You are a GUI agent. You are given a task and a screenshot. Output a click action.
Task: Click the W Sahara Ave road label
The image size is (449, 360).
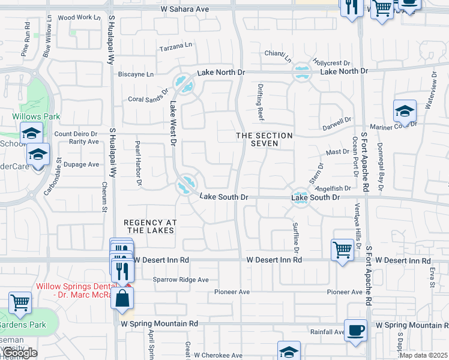pyautogui.click(x=184, y=10)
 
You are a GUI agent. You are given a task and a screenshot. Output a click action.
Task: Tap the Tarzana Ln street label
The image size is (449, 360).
pyautogui.click(x=175, y=45)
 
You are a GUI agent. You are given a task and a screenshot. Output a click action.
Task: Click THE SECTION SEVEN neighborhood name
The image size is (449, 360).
pyautogui.click(x=264, y=140)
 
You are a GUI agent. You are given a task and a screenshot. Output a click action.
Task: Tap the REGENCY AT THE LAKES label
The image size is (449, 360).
pyautogui.click(x=149, y=226)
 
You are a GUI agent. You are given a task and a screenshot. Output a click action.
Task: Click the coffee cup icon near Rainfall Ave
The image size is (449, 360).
pyautogui.click(x=355, y=329)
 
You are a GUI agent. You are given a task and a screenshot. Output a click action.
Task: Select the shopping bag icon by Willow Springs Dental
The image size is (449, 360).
pyautogui.click(x=122, y=298)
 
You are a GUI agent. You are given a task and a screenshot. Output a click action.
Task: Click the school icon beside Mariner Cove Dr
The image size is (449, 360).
pyautogui.click(x=405, y=111)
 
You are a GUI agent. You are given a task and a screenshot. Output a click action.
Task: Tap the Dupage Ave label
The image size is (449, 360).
pyautogui.click(x=82, y=164)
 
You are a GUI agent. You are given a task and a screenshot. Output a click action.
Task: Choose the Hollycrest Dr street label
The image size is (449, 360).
pyautogui.click(x=331, y=63)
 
